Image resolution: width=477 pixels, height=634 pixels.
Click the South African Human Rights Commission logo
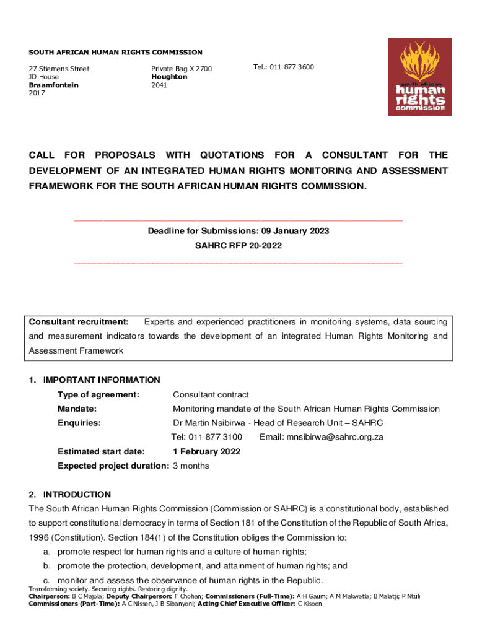(x=419, y=77)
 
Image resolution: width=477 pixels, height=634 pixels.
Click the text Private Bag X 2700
(x=182, y=69)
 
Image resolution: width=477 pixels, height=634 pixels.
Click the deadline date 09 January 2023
(x=292, y=231)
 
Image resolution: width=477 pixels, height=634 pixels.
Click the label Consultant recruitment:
(x=79, y=322)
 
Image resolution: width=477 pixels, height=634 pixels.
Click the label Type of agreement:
(x=98, y=395)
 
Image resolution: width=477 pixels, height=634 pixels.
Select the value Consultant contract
(x=211, y=395)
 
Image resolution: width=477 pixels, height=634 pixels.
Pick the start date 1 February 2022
(x=206, y=452)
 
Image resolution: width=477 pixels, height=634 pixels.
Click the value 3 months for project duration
(x=191, y=466)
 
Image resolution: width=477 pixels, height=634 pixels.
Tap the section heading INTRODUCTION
(x=77, y=495)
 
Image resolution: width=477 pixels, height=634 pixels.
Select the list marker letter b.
(x=46, y=566)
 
